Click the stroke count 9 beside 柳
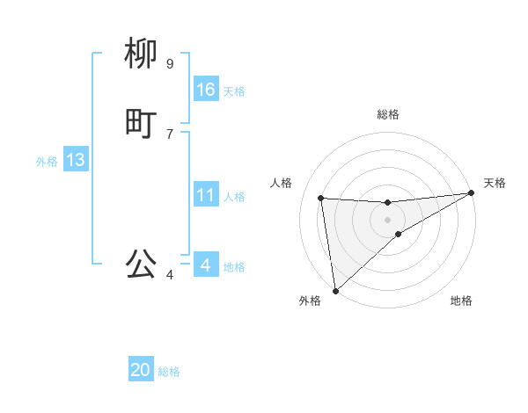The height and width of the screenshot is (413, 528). (x=170, y=63)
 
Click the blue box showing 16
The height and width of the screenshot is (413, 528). (x=206, y=90)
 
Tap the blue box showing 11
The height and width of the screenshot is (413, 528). (x=206, y=195)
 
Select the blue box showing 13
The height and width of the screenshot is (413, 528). (x=76, y=160)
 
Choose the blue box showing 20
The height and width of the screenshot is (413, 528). (x=141, y=371)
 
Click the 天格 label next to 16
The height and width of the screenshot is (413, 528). (x=234, y=91)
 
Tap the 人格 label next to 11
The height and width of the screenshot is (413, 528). (x=234, y=197)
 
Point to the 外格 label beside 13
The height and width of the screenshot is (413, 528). (x=47, y=162)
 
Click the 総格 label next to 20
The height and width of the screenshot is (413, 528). (x=169, y=373)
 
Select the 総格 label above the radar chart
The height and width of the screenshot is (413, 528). (x=388, y=114)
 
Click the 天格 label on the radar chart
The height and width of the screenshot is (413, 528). (x=495, y=183)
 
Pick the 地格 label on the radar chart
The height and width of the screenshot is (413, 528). (x=461, y=301)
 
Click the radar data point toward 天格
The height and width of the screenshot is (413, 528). (x=471, y=193)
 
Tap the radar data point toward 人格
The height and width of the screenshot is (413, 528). (x=321, y=198)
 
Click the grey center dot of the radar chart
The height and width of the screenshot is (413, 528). (x=387, y=219)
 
